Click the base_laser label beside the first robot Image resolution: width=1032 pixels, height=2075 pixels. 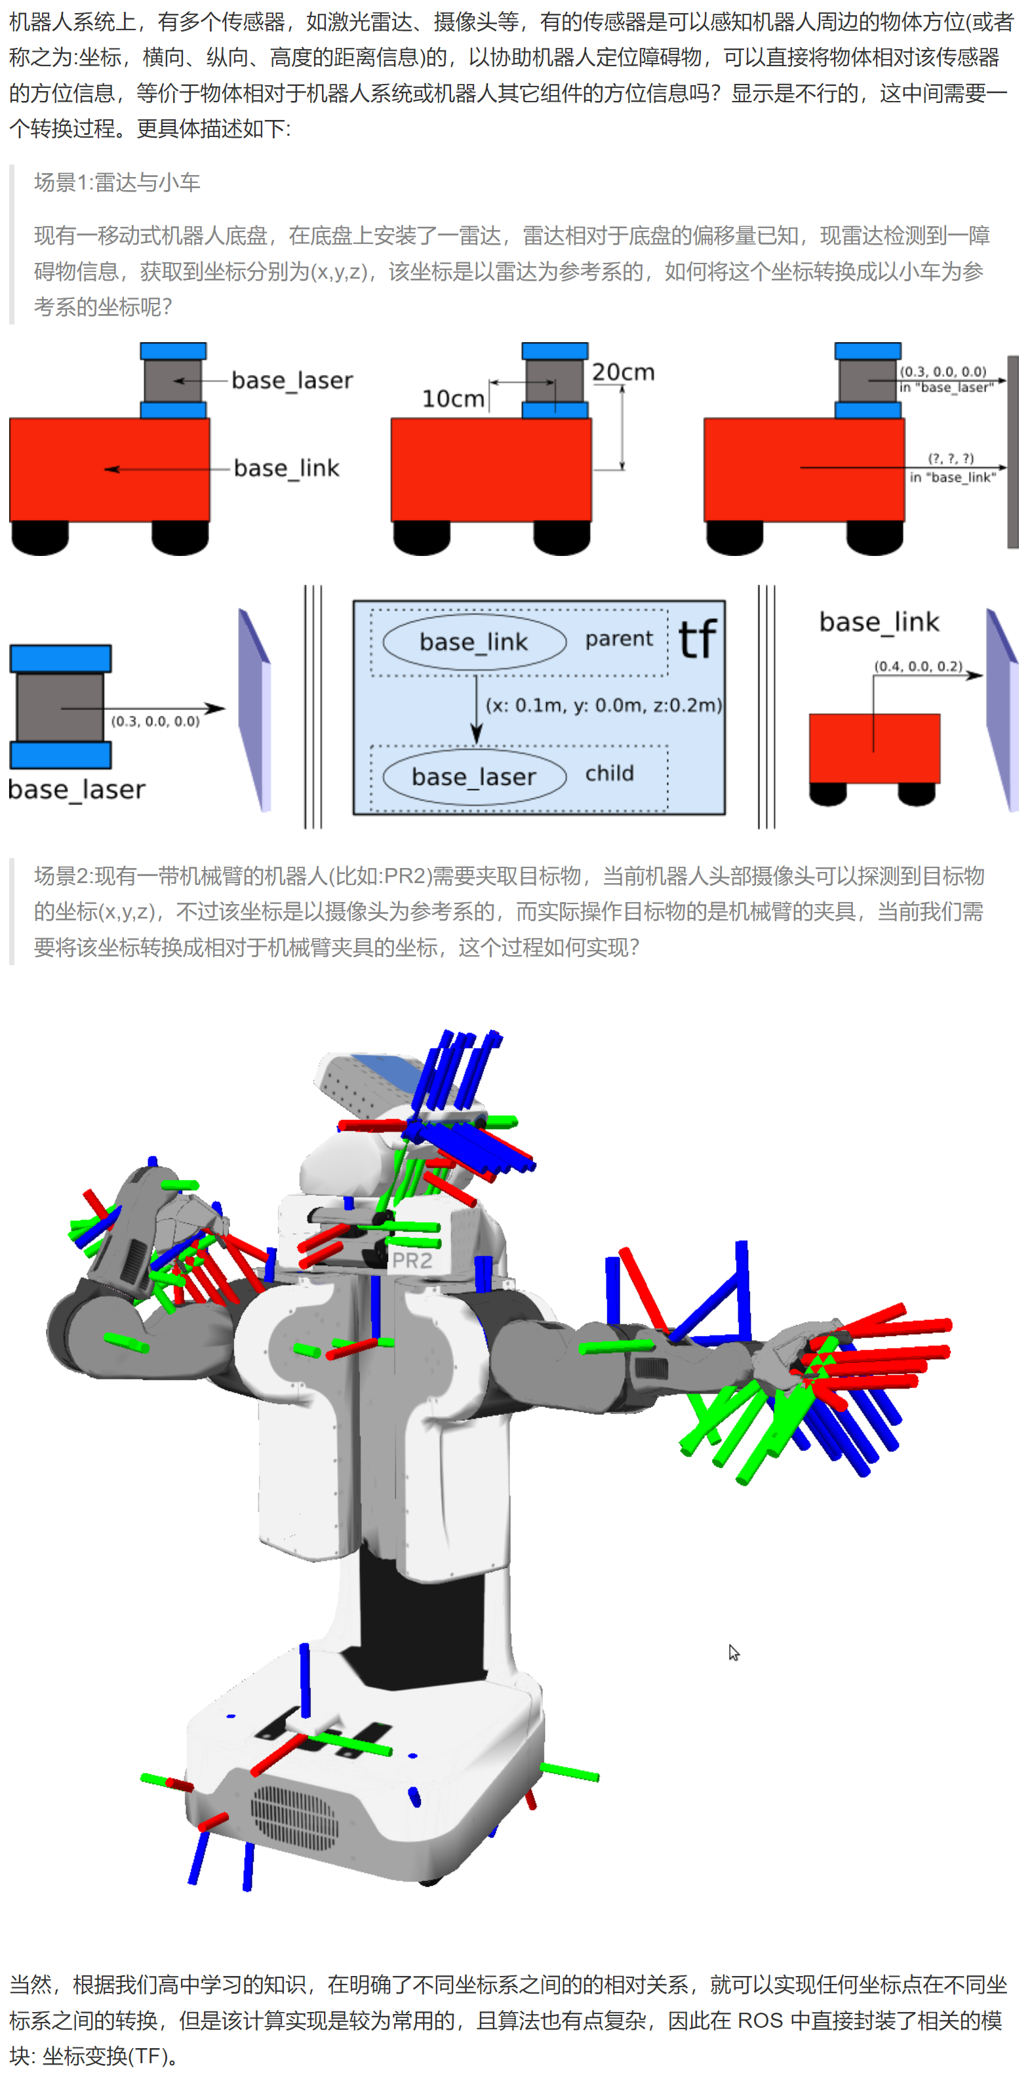(292, 380)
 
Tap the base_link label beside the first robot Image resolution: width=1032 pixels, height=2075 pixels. (287, 468)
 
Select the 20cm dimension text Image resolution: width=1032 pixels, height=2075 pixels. (624, 372)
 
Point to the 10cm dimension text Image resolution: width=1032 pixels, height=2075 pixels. (454, 399)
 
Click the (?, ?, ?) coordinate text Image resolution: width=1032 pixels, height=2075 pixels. (951, 458)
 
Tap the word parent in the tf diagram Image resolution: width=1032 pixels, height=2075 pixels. (619, 639)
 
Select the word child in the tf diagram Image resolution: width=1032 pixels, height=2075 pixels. (609, 774)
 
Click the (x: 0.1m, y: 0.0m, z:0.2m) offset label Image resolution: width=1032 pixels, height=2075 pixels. (603, 705)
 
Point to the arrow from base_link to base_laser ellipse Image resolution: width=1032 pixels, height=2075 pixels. (476, 709)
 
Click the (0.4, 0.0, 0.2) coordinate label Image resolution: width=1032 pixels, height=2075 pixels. (919, 666)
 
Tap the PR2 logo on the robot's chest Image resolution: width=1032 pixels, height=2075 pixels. (412, 1261)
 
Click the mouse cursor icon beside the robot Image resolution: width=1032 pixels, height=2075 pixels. (734, 1653)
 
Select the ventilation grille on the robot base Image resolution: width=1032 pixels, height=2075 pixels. (293, 1818)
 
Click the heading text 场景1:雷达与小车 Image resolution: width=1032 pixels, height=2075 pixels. (117, 183)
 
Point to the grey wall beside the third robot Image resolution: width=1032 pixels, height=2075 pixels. (1013, 452)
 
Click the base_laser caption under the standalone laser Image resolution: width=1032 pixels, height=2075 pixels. (77, 789)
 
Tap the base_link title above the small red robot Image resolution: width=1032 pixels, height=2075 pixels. (879, 622)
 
